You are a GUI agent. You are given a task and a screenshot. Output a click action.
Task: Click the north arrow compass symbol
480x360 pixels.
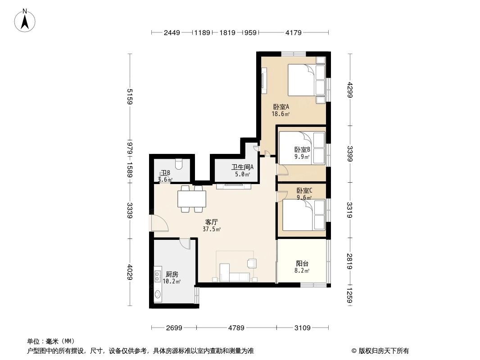coord(25,20)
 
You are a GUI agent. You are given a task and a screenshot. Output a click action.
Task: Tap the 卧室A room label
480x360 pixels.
coord(281,107)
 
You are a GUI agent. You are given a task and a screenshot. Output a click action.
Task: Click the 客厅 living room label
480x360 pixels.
coord(212,222)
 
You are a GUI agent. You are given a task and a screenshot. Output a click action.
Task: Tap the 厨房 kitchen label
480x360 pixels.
coord(172,274)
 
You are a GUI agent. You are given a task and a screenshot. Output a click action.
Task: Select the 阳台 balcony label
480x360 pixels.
coord(302,264)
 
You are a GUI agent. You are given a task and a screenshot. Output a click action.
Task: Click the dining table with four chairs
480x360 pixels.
coord(192,198)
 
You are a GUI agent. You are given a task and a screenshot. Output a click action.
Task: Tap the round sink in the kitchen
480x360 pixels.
coord(158,295)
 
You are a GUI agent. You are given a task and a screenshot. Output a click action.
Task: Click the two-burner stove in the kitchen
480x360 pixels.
coord(158,275)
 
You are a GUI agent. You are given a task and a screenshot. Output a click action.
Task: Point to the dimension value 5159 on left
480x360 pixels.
coord(130,97)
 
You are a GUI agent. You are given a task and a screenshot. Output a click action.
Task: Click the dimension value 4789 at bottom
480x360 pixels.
coord(236,328)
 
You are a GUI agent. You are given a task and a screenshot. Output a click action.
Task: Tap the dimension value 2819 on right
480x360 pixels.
coord(350,261)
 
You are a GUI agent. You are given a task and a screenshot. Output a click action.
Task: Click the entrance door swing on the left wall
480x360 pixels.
coord(158,224)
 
